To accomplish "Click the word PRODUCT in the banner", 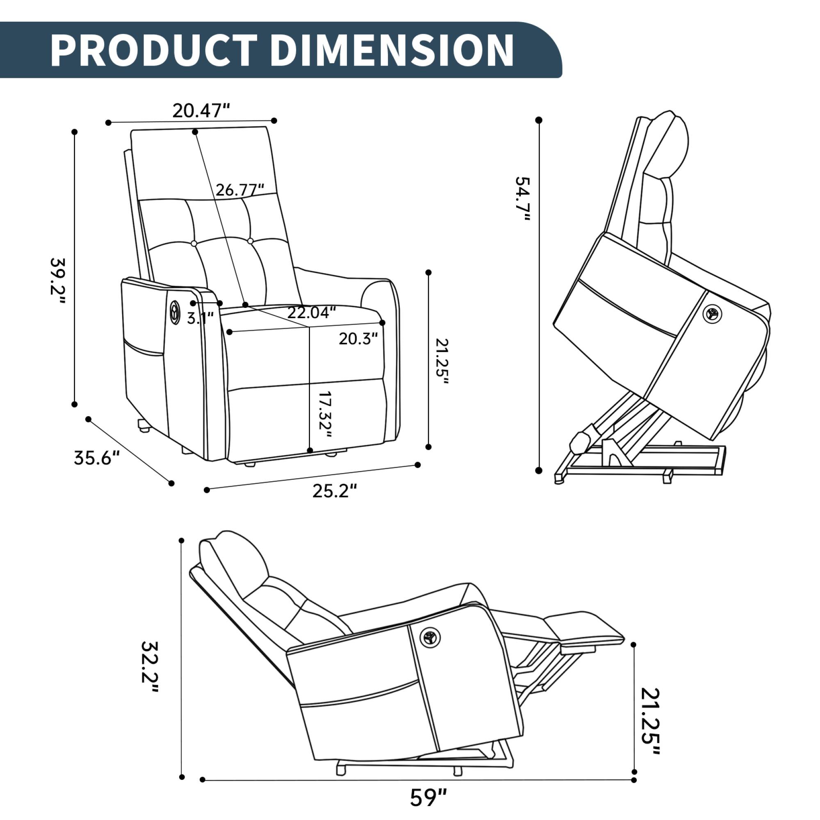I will tap(154, 50).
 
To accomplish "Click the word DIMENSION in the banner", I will tap(391, 50).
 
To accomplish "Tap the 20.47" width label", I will tap(201, 111).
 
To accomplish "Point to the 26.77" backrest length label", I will tap(240, 190).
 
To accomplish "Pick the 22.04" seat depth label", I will tap(312, 313).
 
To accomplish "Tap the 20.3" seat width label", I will tap(358, 339).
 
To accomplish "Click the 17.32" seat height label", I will tap(324, 415).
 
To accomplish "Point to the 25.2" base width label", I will tap(335, 491).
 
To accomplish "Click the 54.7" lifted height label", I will tap(522, 198).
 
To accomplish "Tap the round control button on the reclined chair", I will tap(430, 638).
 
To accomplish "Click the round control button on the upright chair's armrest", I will tap(174, 311).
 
